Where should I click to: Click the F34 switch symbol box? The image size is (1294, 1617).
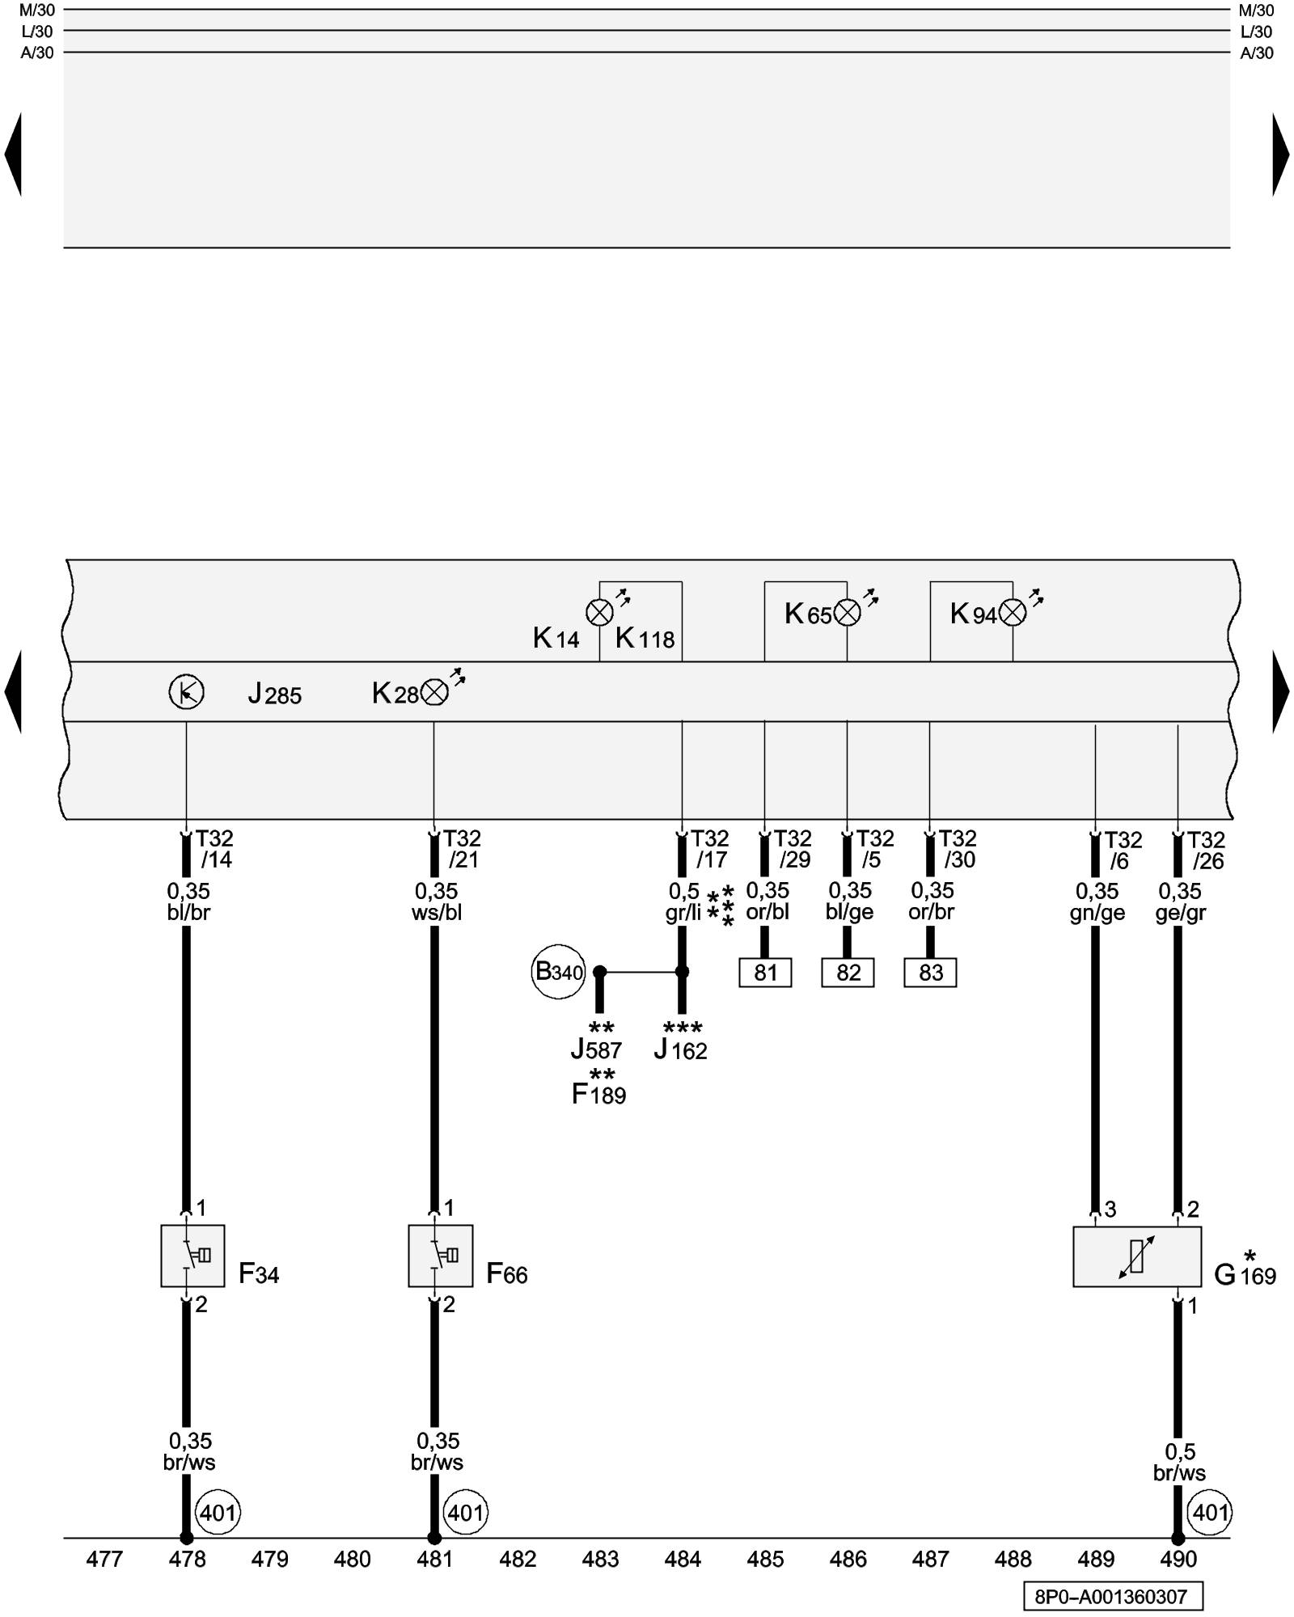(192, 1256)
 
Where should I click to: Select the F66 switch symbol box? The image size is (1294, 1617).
(440, 1256)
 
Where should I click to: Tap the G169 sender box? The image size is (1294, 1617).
(1136, 1256)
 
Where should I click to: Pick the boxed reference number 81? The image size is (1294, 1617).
(765, 973)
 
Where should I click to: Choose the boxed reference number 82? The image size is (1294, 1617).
(848, 973)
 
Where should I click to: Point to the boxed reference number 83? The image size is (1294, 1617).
(930, 973)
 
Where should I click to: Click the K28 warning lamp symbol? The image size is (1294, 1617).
(435, 692)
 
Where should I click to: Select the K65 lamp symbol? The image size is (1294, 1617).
(847, 613)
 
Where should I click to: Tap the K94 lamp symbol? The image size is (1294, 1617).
(1013, 613)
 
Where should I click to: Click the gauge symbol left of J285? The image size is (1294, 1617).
(186, 692)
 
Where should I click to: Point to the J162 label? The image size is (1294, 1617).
(680, 1050)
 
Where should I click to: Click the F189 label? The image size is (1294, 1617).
(598, 1095)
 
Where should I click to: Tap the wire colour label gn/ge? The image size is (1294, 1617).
(1097, 913)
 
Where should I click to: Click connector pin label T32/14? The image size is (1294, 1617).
(214, 849)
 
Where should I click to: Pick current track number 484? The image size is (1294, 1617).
(683, 1559)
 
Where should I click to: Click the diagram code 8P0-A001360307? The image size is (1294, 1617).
(1112, 1597)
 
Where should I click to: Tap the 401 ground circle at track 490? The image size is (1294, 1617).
(1209, 1512)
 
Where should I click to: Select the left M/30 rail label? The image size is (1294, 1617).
(36, 11)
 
